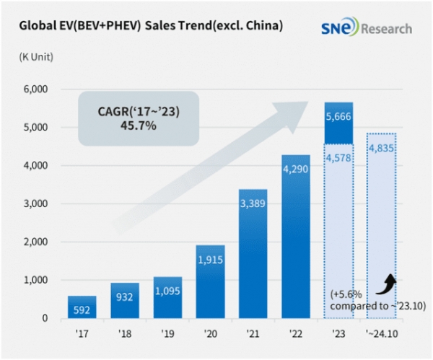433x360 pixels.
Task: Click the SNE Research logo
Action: pos(365,29)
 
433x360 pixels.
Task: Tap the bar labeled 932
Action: pos(125,300)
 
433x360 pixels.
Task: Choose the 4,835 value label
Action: pos(380,147)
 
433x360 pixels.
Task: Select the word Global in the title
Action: pos(38,27)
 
